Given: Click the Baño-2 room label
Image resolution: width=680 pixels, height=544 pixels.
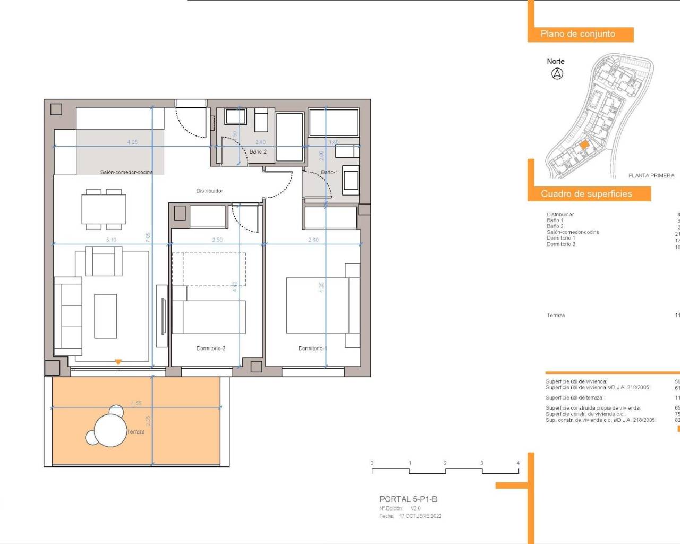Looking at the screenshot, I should click(x=258, y=152).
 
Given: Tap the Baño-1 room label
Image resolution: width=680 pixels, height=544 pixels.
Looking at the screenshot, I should click(x=329, y=172).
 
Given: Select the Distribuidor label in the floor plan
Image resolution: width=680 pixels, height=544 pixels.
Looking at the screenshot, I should click(x=210, y=191).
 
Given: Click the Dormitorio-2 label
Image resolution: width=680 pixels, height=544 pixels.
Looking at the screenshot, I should click(x=211, y=348).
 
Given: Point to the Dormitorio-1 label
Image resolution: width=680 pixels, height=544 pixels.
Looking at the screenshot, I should click(x=312, y=348).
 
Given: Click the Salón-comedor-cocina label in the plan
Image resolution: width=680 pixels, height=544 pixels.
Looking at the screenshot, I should click(x=126, y=172).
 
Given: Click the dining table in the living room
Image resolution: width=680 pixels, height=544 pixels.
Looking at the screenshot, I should click(x=104, y=209).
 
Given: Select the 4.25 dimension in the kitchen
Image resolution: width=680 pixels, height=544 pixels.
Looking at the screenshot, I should click(x=132, y=142).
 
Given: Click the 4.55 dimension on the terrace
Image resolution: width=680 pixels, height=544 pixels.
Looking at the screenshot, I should click(x=137, y=404).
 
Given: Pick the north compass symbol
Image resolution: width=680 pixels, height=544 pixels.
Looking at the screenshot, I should click(x=557, y=74).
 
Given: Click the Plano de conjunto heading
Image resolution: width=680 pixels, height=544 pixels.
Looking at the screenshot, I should click(x=578, y=34).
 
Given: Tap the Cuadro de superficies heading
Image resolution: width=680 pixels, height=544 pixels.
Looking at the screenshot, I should click(x=586, y=194).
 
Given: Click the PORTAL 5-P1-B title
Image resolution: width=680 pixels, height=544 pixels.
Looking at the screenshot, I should click(x=409, y=499).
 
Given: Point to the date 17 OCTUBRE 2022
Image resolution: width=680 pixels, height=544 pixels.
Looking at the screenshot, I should click(x=420, y=516).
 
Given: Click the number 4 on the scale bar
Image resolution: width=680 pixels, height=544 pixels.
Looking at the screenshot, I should click(x=518, y=463).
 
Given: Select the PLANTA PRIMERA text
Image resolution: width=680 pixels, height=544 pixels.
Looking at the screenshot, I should click(x=651, y=175).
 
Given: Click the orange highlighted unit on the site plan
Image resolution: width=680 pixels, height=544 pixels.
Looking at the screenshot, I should click(x=584, y=144).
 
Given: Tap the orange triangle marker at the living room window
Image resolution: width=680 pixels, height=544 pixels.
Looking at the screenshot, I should click(x=118, y=362).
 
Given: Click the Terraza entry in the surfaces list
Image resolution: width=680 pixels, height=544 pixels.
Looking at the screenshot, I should click(x=556, y=316).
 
